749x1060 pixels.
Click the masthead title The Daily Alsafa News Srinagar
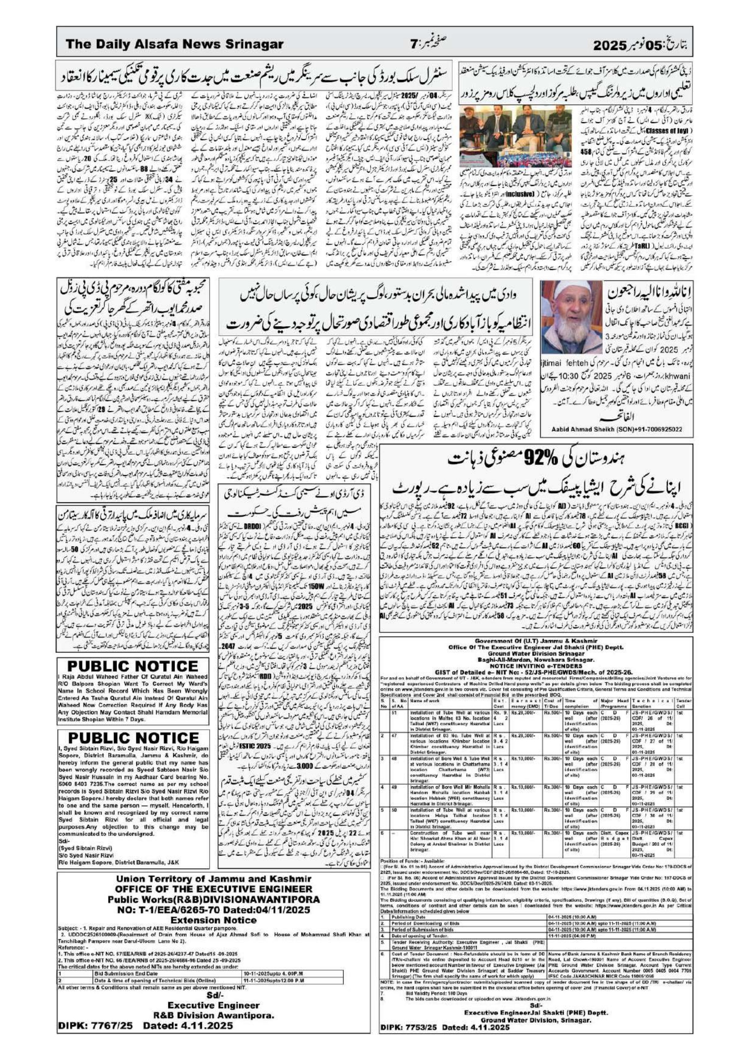(x=174, y=44)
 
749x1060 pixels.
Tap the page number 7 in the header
(x=414, y=45)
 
